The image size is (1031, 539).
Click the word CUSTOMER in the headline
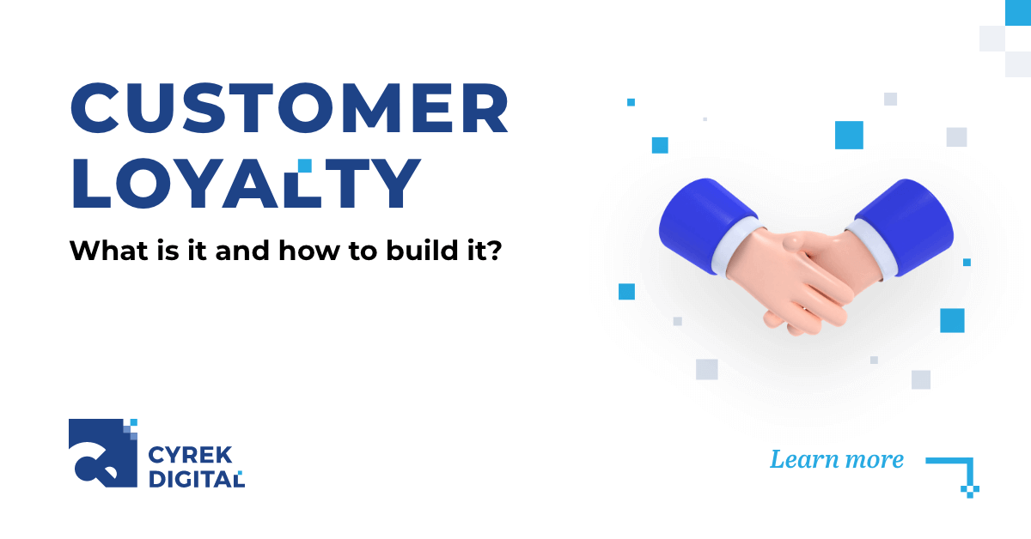pyautogui.click(x=289, y=110)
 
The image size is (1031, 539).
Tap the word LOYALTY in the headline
pyautogui.click(x=246, y=183)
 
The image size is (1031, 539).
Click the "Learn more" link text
pyautogui.click(x=836, y=460)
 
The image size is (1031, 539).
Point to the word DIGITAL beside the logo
pyautogui.click(x=196, y=479)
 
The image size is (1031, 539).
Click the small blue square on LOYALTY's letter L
pyautogui.click(x=304, y=165)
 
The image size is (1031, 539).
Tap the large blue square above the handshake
pyautogui.click(x=849, y=135)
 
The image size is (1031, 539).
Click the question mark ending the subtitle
pyautogui.click(x=493, y=252)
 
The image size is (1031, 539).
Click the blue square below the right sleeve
pyautogui.click(x=952, y=320)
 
